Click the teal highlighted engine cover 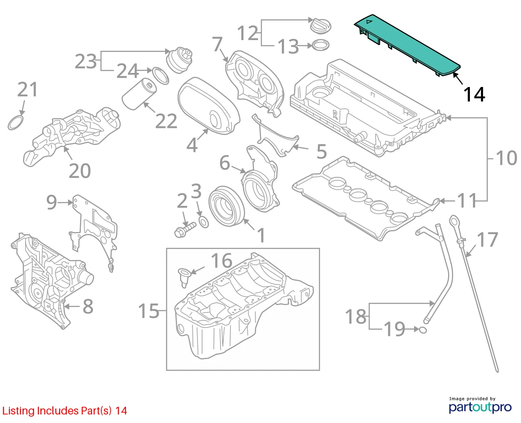tap(407, 45)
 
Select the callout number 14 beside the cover tap(474, 95)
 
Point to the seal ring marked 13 tap(321, 45)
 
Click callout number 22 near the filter tap(166, 121)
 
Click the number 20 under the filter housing tap(80, 171)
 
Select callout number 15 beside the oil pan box tap(149, 311)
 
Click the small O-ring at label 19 tap(423, 330)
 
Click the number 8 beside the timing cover tap(88, 307)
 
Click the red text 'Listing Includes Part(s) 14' tap(65, 411)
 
